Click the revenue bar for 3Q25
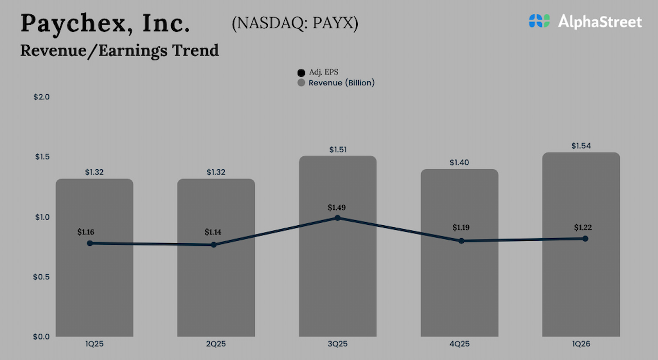tap(338, 278)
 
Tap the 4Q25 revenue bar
tap(459, 288)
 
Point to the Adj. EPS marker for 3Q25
tap(338, 218)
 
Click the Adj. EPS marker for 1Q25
tap(90, 243)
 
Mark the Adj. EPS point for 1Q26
tap(585, 239)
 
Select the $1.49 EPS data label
tap(337, 208)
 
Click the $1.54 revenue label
tap(581, 146)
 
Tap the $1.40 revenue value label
tap(459, 163)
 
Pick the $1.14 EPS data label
tap(213, 232)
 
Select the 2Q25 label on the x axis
tap(216, 344)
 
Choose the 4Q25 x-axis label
tap(459, 344)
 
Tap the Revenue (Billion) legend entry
tap(337, 83)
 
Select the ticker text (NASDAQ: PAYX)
tap(295, 24)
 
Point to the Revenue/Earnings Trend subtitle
tap(119, 50)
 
